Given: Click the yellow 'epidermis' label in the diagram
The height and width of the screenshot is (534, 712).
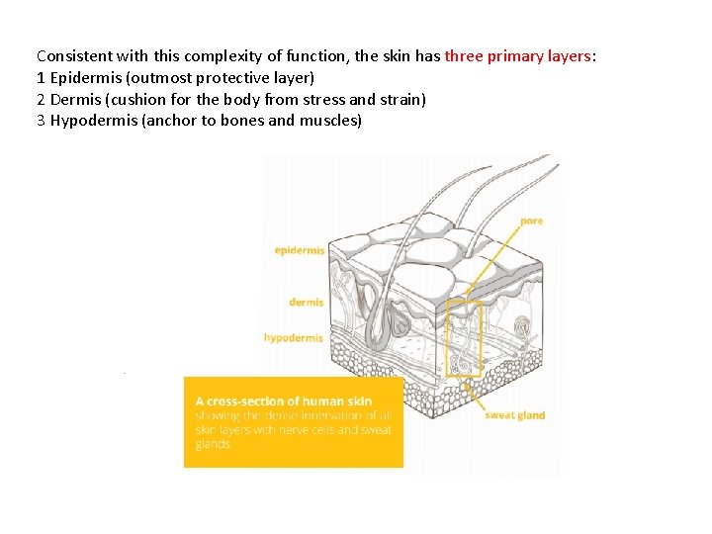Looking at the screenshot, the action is tap(300, 250).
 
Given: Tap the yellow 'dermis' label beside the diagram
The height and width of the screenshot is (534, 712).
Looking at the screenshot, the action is tap(306, 302).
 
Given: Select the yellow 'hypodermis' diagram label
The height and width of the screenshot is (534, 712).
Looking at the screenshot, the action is tap(294, 338).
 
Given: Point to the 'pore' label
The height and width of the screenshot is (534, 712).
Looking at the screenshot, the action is tap(531, 221).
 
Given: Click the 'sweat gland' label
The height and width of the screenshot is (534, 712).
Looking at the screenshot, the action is tap(514, 415).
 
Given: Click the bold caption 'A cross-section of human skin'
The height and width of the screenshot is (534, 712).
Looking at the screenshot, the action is tap(284, 401).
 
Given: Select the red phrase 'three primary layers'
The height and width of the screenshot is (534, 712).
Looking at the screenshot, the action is tap(518, 56).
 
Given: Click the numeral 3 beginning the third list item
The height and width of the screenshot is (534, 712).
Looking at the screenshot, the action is tap(41, 122).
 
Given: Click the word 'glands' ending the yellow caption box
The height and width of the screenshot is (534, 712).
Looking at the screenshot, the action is tap(213, 444).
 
